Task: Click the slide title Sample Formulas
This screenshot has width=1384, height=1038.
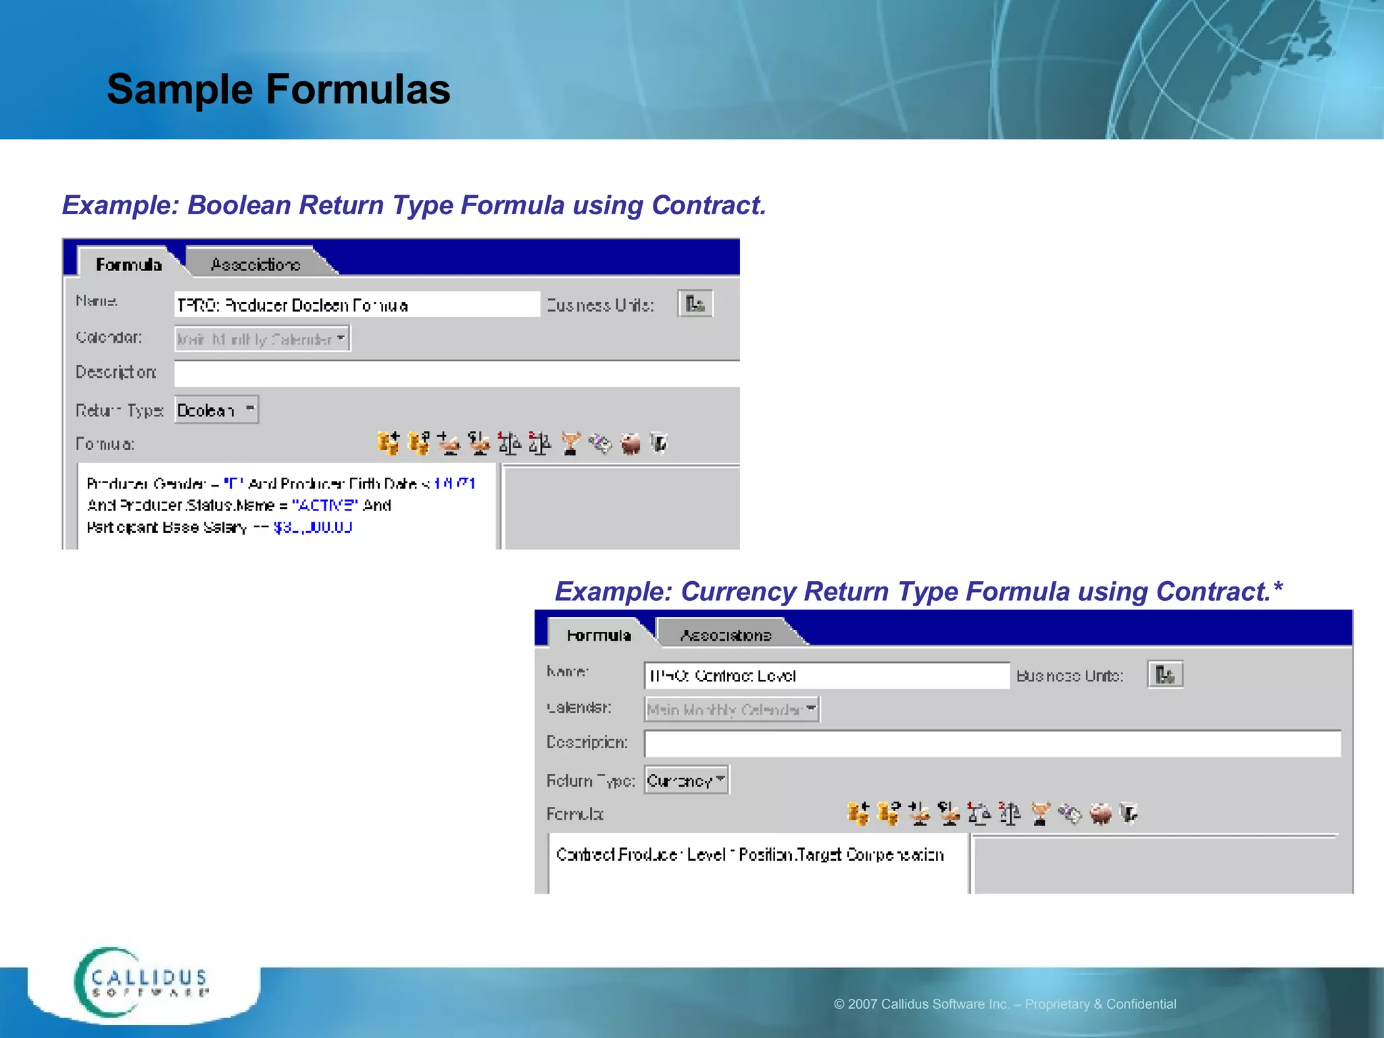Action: (x=278, y=89)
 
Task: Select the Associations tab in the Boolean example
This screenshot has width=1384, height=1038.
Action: (x=255, y=264)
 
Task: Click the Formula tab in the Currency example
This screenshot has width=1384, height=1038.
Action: (x=599, y=635)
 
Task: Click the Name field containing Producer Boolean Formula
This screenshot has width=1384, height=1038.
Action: (x=356, y=305)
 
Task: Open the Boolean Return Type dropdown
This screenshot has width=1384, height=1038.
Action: (x=216, y=410)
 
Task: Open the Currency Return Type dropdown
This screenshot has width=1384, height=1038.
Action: (x=687, y=781)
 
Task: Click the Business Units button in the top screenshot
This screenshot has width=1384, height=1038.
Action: (x=695, y=304)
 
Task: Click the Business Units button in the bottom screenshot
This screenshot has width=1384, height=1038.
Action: (x=1165, y=674)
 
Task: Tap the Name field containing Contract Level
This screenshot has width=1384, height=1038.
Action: (x=826, y=676)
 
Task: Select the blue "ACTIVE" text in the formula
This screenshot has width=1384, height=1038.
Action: (x=324, y=505)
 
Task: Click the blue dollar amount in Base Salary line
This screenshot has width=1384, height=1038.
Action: (x=312, y=527)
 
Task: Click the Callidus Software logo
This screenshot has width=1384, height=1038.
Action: (x=142, y=983)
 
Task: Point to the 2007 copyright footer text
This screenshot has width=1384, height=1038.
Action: (x=1004, y=1004)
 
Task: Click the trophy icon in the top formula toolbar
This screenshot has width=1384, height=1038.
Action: (x=570, y=444)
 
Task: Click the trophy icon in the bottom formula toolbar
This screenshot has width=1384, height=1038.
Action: (x=1040, y=814)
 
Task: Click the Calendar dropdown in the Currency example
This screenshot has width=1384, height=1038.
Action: (x=732, y=710)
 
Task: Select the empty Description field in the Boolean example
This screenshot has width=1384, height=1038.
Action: (x=456, y=374)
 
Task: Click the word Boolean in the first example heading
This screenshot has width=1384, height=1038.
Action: (x=239, y=205)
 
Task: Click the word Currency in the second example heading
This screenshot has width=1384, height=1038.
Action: (x=738, y=592)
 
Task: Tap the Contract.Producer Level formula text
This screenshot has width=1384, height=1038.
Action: (x=749, y=855)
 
